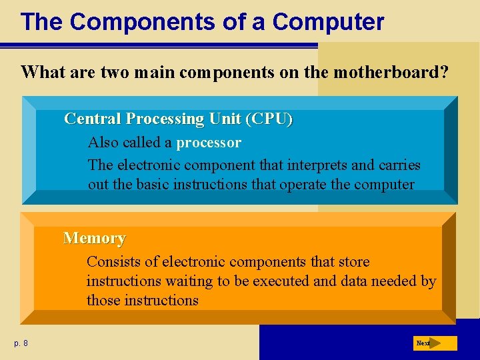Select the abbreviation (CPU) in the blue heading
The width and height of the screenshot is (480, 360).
click(269, 119)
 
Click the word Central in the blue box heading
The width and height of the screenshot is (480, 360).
click(93, 119)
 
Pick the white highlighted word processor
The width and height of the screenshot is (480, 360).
click(209, 143)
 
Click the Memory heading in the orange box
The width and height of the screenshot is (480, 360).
click(94, 238)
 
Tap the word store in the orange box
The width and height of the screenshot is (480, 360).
click(353, 262)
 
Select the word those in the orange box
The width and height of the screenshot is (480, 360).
click(104, 301)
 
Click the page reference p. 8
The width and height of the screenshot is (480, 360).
click(21, 343)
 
